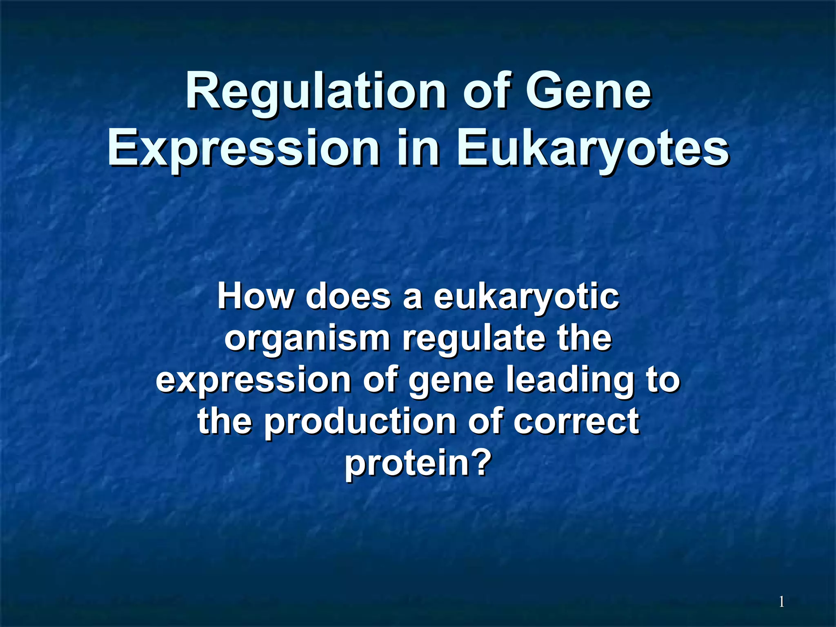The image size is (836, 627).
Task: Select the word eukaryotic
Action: [526, 297]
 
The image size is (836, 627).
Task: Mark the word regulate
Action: [474, 339]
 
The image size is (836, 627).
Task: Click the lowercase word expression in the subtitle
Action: [253, 380]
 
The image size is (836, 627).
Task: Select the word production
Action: [360, 422]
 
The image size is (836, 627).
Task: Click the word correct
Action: [576, 422]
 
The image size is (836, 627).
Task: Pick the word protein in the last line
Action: [406, 464]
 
